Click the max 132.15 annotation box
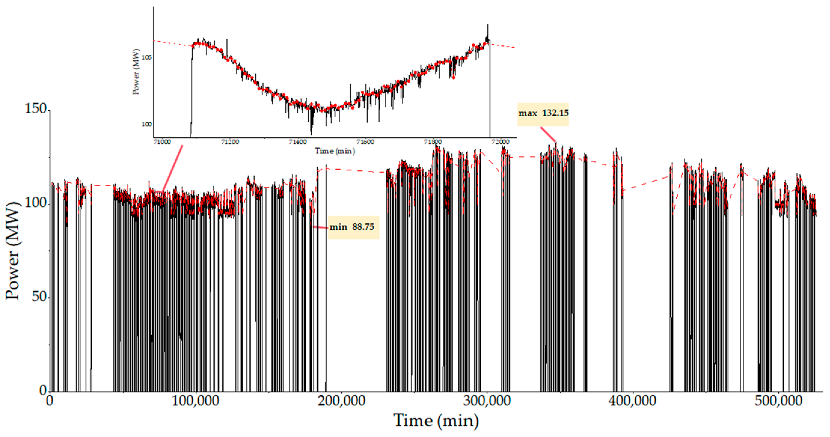pyautogui.click(x=543, y=114)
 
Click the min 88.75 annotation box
pyautogui.click(x=353, y=227)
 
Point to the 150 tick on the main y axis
pyautogui.click(x=36, y=109)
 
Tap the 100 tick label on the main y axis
pyautogui.click(x=36, y=203)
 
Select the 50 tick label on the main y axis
pyautogui.click(x=39, y=296)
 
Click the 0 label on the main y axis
pyautogui.click(x=43, y=390)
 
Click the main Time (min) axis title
pyautogui.click(x=436, y=421)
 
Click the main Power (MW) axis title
pyautogui.click(x=13, y=251)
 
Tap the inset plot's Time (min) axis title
pyautogui.click(x=335, y=151)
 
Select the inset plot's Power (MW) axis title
pyautogui.click(x=136, y=71)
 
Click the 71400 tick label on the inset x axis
pyautogui.click(x=298, y=142)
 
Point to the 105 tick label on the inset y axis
pyautogui.click(x=147, y=58)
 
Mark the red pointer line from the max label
pyautogui.click(x=548, y=134)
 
